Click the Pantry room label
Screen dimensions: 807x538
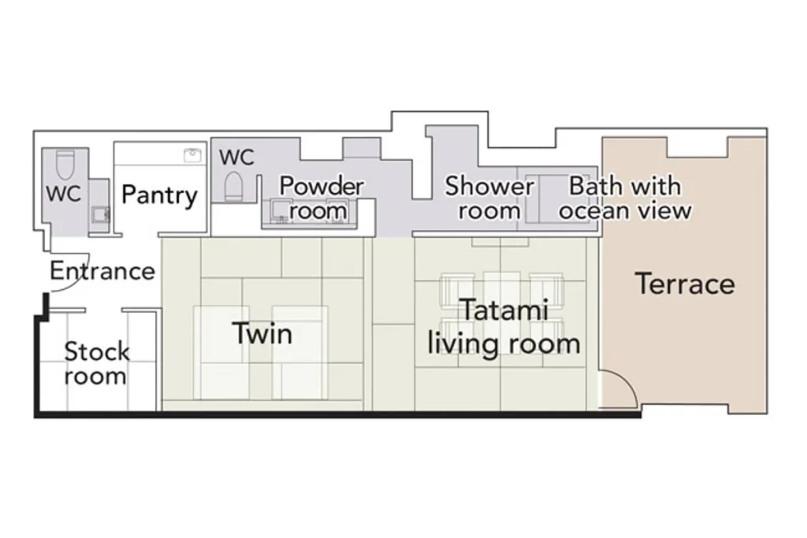[x=159, y=195]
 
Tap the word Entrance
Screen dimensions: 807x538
[x=102, y=271]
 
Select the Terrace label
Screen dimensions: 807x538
[x=685, y=284]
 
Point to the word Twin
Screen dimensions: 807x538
[x=262, y=333]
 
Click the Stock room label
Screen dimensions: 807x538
[x=96, y=364]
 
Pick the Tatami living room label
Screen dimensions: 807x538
[x=504, y=327]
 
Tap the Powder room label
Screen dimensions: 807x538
[x=322, y=198]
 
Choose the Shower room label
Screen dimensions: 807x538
[x=489, y=198]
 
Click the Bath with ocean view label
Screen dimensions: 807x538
[x=625, y=198]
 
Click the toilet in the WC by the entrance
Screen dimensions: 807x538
[x=65, y=163]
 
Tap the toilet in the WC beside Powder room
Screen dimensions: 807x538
[x=233, y=187]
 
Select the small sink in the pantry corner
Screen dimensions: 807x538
[x=192, y=155]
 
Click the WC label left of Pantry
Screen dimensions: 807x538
[x=63, y=194]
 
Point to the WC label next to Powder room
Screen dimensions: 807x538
[x=236, y=157]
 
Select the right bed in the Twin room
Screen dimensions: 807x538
[x=300, y=352]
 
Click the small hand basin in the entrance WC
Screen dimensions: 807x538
[x=100, y=214]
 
